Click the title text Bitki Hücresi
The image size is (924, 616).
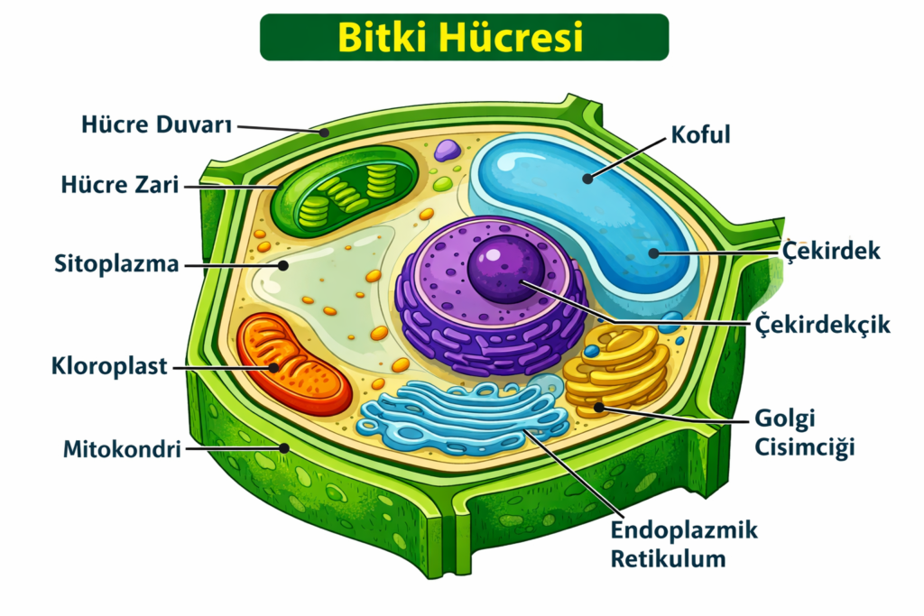tap(461, 38)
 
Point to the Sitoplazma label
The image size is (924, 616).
tap(115, 265)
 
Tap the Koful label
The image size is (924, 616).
tap(700, 134)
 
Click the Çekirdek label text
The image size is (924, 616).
tap(831, 251)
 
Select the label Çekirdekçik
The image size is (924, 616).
tap(821, 323)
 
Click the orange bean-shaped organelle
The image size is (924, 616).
tap(293, 365)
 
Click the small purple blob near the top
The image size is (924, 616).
tap(446, 151)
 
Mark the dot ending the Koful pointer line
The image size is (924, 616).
tap(587, 179)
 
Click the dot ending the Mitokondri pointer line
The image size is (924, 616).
tap(283, 446)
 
